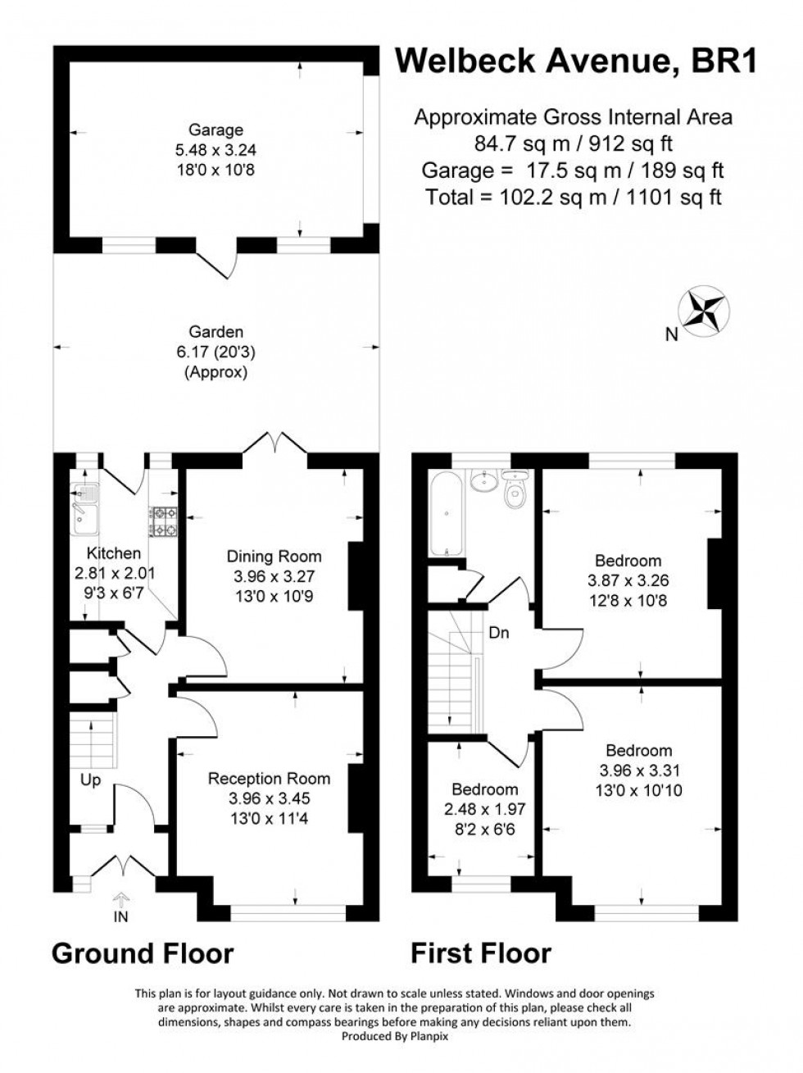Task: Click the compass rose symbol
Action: click(x=703, y=311)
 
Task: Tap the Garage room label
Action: click(x=216, y=130)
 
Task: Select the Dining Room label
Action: click(x=274, y=557)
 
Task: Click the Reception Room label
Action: click(x=269, y=779)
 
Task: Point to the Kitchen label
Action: click(x=114, y=553)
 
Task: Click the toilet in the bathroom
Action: click(x=515, y=490)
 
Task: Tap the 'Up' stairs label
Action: click(x=91, y=780)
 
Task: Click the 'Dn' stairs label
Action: click(x=500, y=633)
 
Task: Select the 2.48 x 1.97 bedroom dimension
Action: click(x=485, y=809)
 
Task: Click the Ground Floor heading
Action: click(x=143, y=953)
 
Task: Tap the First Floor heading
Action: click(x=480, y=953)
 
